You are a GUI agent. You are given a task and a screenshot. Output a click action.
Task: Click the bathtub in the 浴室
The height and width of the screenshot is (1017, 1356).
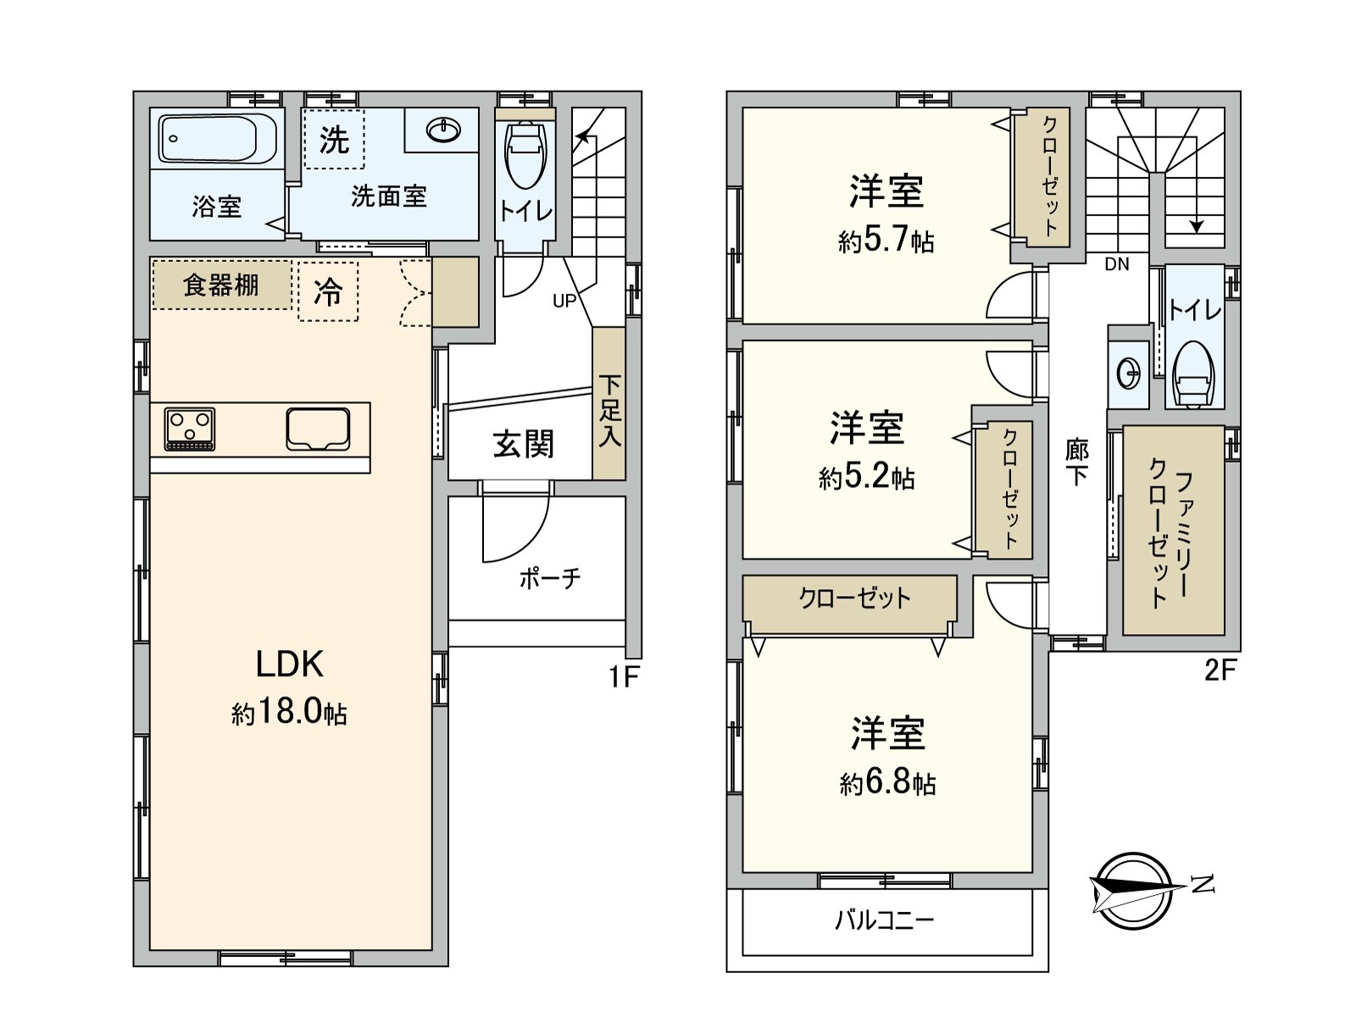tap(219, 139)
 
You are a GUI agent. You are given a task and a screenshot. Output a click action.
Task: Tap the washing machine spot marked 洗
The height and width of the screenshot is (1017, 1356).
tap(334, 140)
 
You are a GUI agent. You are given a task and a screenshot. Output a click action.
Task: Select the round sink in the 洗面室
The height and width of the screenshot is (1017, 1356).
tap(443, 130)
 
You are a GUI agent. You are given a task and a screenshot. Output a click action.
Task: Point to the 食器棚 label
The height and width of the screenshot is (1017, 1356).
tap(221, 285)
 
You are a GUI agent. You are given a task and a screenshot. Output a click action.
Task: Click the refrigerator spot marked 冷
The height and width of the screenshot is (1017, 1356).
tap(328, 292)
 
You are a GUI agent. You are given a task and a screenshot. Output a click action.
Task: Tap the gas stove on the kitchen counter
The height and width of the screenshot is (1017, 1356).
tap(190, 429)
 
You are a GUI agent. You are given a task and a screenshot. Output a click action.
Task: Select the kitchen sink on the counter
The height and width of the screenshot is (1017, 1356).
tap(318, 429)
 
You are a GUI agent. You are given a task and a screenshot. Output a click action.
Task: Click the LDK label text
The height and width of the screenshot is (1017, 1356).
tap(289, 664)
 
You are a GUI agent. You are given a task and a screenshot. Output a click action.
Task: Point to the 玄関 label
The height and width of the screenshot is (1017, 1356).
tap(523, 444)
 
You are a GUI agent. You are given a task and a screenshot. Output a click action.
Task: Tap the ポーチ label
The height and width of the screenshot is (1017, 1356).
tap(549, 579)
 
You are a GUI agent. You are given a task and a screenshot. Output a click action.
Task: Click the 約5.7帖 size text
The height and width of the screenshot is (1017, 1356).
tap(886, 242)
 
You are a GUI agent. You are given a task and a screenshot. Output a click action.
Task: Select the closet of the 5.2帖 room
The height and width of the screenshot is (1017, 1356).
tap(1005, 489)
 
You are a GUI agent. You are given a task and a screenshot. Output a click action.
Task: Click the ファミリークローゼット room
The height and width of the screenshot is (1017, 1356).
tap(1173, 531)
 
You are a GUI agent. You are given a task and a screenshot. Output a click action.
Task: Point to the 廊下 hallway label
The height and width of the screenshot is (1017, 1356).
tap(1076, 462)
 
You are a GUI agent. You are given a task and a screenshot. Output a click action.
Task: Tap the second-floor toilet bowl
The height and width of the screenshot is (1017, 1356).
tap(1193, 373)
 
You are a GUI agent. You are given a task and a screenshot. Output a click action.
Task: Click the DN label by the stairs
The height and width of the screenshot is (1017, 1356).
tap(1116, 264)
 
